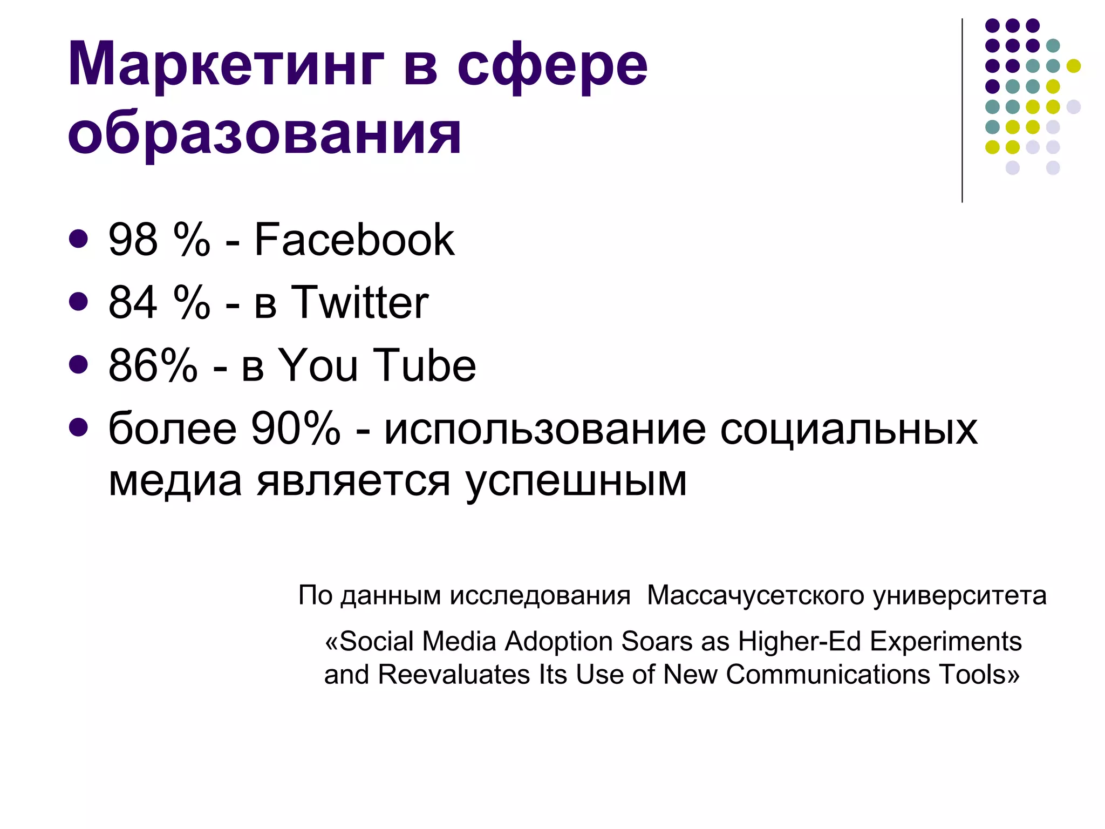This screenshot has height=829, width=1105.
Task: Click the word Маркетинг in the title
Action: click(x=226, y=65)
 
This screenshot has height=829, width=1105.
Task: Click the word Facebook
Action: click(x=354, y=240)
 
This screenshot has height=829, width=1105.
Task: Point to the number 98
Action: click(x=133, y=240)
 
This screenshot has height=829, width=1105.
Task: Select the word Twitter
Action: click(x=359, y=302)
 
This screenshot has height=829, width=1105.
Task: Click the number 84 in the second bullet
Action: click(x=133, y=302)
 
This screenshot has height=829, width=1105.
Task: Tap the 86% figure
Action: click(x=153, y=365)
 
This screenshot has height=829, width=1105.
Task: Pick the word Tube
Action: click(x=425, y=365)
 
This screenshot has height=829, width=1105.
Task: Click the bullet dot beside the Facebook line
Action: click(x=79, y=239)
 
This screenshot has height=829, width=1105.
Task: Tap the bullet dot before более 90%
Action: click(x=79, y=427)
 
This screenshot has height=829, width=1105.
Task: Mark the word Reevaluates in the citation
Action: click(x=454, y=675)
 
